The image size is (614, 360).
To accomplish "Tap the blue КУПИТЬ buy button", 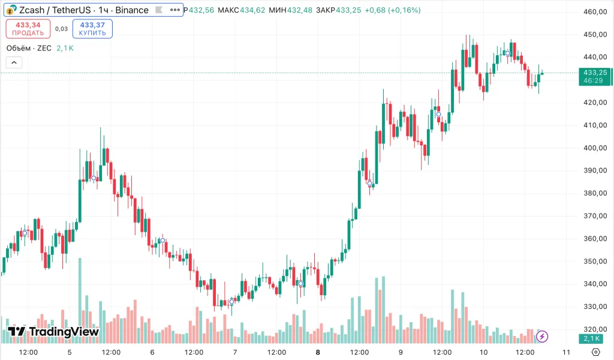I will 92,28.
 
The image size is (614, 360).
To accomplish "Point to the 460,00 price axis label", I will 596,12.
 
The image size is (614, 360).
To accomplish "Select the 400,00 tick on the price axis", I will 596,148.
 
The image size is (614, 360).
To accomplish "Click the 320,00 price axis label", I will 596,329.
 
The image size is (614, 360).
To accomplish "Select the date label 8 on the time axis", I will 318,352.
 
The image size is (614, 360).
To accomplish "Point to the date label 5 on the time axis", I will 70,352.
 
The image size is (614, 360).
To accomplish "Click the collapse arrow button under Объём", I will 14,62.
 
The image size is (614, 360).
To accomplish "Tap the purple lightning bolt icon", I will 542,337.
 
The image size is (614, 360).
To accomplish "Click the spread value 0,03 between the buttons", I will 61,28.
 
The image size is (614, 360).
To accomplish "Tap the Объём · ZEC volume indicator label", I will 29,48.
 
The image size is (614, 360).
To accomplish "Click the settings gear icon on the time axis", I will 595,352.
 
